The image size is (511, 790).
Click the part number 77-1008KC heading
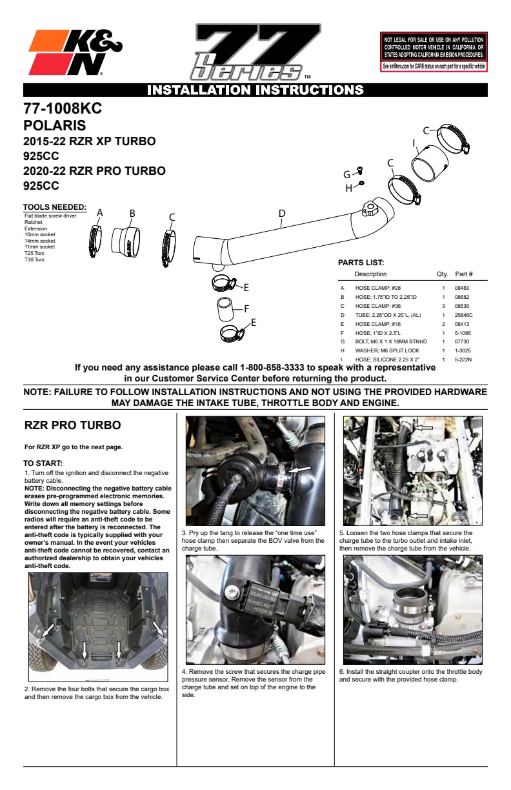point(63,108)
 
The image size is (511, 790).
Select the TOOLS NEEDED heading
point(55,207)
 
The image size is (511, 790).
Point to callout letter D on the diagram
point(281,214)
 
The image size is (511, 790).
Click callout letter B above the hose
point(132,213)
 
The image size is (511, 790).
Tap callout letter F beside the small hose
point(246,307)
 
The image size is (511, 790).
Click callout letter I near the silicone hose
point(414,143)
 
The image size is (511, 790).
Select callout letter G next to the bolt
point(346,174)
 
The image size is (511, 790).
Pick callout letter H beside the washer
point(348,188)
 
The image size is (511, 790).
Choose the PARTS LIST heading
point(361,263)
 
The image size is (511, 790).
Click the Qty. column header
point(442,274)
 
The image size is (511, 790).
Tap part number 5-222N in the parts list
point(463,359)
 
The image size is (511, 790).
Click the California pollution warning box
point(434,51)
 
